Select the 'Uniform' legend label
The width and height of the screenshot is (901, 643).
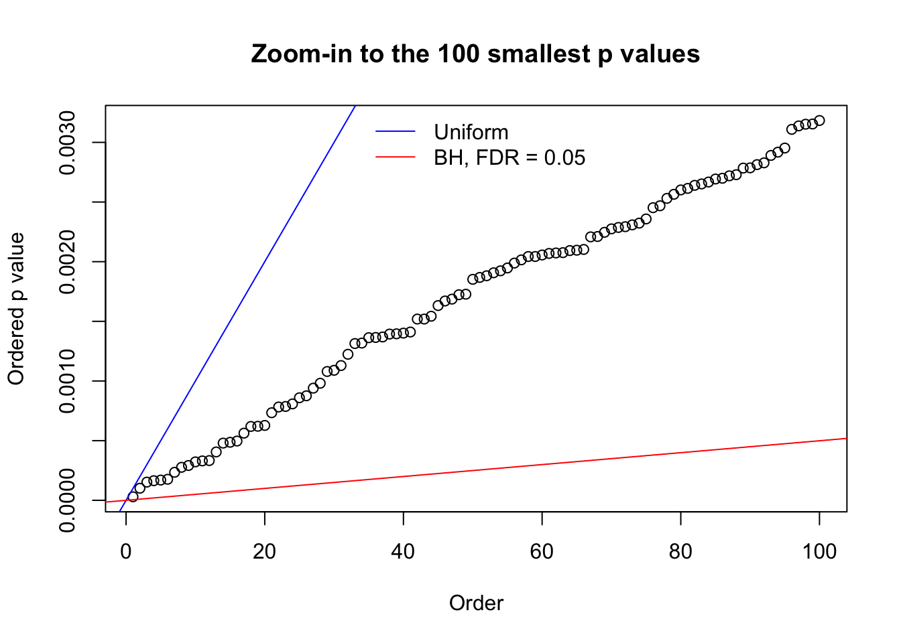(x=471, y=132)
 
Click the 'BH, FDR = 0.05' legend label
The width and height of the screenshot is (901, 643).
(x=509, y=158)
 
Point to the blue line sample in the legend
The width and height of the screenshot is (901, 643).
(x=396, y=132)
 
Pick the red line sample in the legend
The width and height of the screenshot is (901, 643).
(x=396, y=158)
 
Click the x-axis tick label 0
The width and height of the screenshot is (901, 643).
(x=126, y=551)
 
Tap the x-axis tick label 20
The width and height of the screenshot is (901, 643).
(x=265, y=551)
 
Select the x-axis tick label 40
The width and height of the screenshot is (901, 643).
(x=404, y=551)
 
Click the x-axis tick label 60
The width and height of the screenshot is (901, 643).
(x=542, y=551)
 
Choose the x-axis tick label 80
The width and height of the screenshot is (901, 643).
(x=680, y=551)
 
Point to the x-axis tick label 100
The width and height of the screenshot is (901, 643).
(x=819, y=551)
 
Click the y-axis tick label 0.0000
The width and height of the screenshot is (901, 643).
(x=68, y=500)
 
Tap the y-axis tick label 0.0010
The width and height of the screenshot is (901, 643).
(x=68, y=381)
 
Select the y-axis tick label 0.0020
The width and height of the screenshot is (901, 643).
(x=68, y=262)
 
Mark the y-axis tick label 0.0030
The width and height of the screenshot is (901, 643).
(x=68, y=143)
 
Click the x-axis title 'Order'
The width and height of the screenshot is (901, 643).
(x=476, y=603)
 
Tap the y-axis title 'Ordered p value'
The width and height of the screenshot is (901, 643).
(x=16, y=309)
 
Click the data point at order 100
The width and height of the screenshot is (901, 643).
(x=819, y=121)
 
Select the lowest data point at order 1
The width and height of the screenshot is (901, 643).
(x=133, y=496)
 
